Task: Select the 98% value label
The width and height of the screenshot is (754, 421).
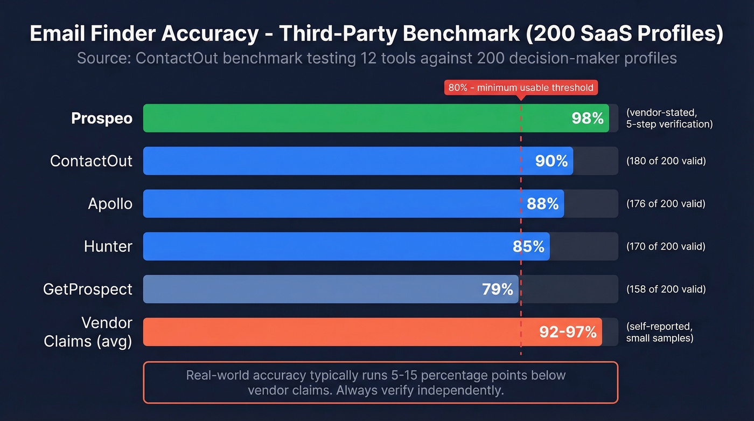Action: click(588, 119)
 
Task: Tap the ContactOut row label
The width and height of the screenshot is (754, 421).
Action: click(91, 161)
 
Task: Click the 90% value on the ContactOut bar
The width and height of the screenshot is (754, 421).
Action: click(551, 161)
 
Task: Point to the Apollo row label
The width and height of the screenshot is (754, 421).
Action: click(110, 204)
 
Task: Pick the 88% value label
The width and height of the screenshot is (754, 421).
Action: click(542, 204)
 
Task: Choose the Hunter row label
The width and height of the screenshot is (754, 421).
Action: click(108, 246)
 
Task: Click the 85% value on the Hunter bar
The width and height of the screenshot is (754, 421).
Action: click(528, 247)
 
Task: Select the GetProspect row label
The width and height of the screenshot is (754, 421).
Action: click(87, 289)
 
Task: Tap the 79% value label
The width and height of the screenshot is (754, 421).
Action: click(498, 289)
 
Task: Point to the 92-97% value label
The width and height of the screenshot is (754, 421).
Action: click(568, 332)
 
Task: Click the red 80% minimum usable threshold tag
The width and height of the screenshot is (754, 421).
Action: click(521, 87)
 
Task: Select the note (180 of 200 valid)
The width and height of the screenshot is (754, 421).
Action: click(666, 161)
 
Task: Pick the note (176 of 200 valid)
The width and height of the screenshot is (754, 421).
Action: click(666, 204)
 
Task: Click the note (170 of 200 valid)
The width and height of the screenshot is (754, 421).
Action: click(666, 247)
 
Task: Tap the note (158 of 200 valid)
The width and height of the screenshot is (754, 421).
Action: click(666, 289)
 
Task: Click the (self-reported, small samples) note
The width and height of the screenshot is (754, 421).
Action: click(660, 333)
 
